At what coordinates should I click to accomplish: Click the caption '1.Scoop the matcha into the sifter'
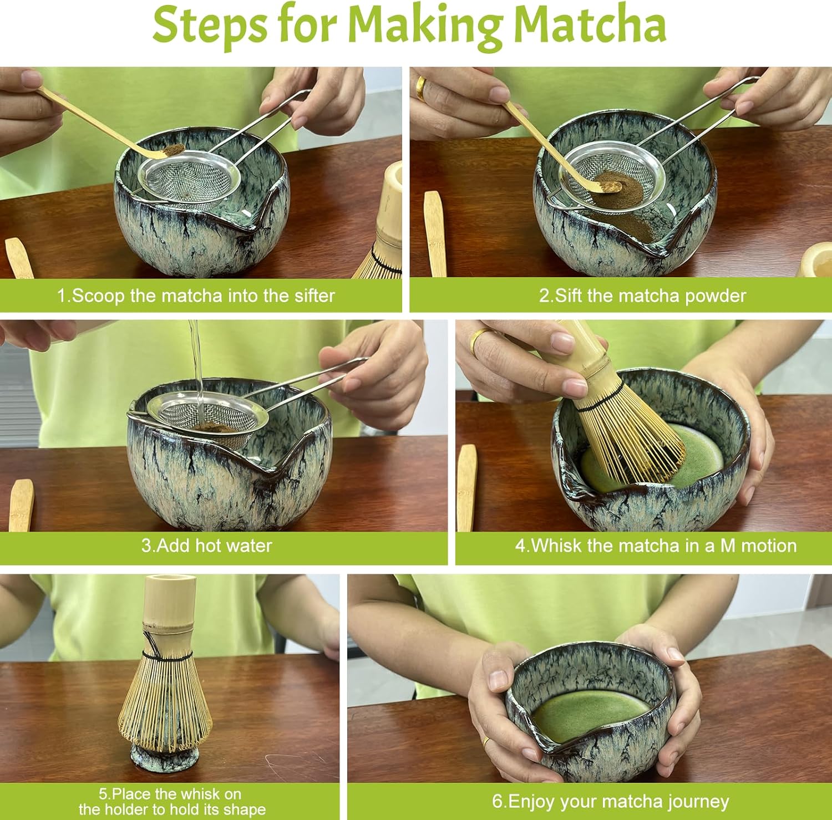click(x=196, y=296)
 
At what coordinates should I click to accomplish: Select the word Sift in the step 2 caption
click(x=569, y=295)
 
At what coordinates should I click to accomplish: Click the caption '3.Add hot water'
click(x=206, y=546)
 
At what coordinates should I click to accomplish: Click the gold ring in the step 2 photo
click(x=422, y=89)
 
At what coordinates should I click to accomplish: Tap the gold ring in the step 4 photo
click(x=477, y=339)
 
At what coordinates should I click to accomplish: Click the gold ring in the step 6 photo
click(x=486, y=741)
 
